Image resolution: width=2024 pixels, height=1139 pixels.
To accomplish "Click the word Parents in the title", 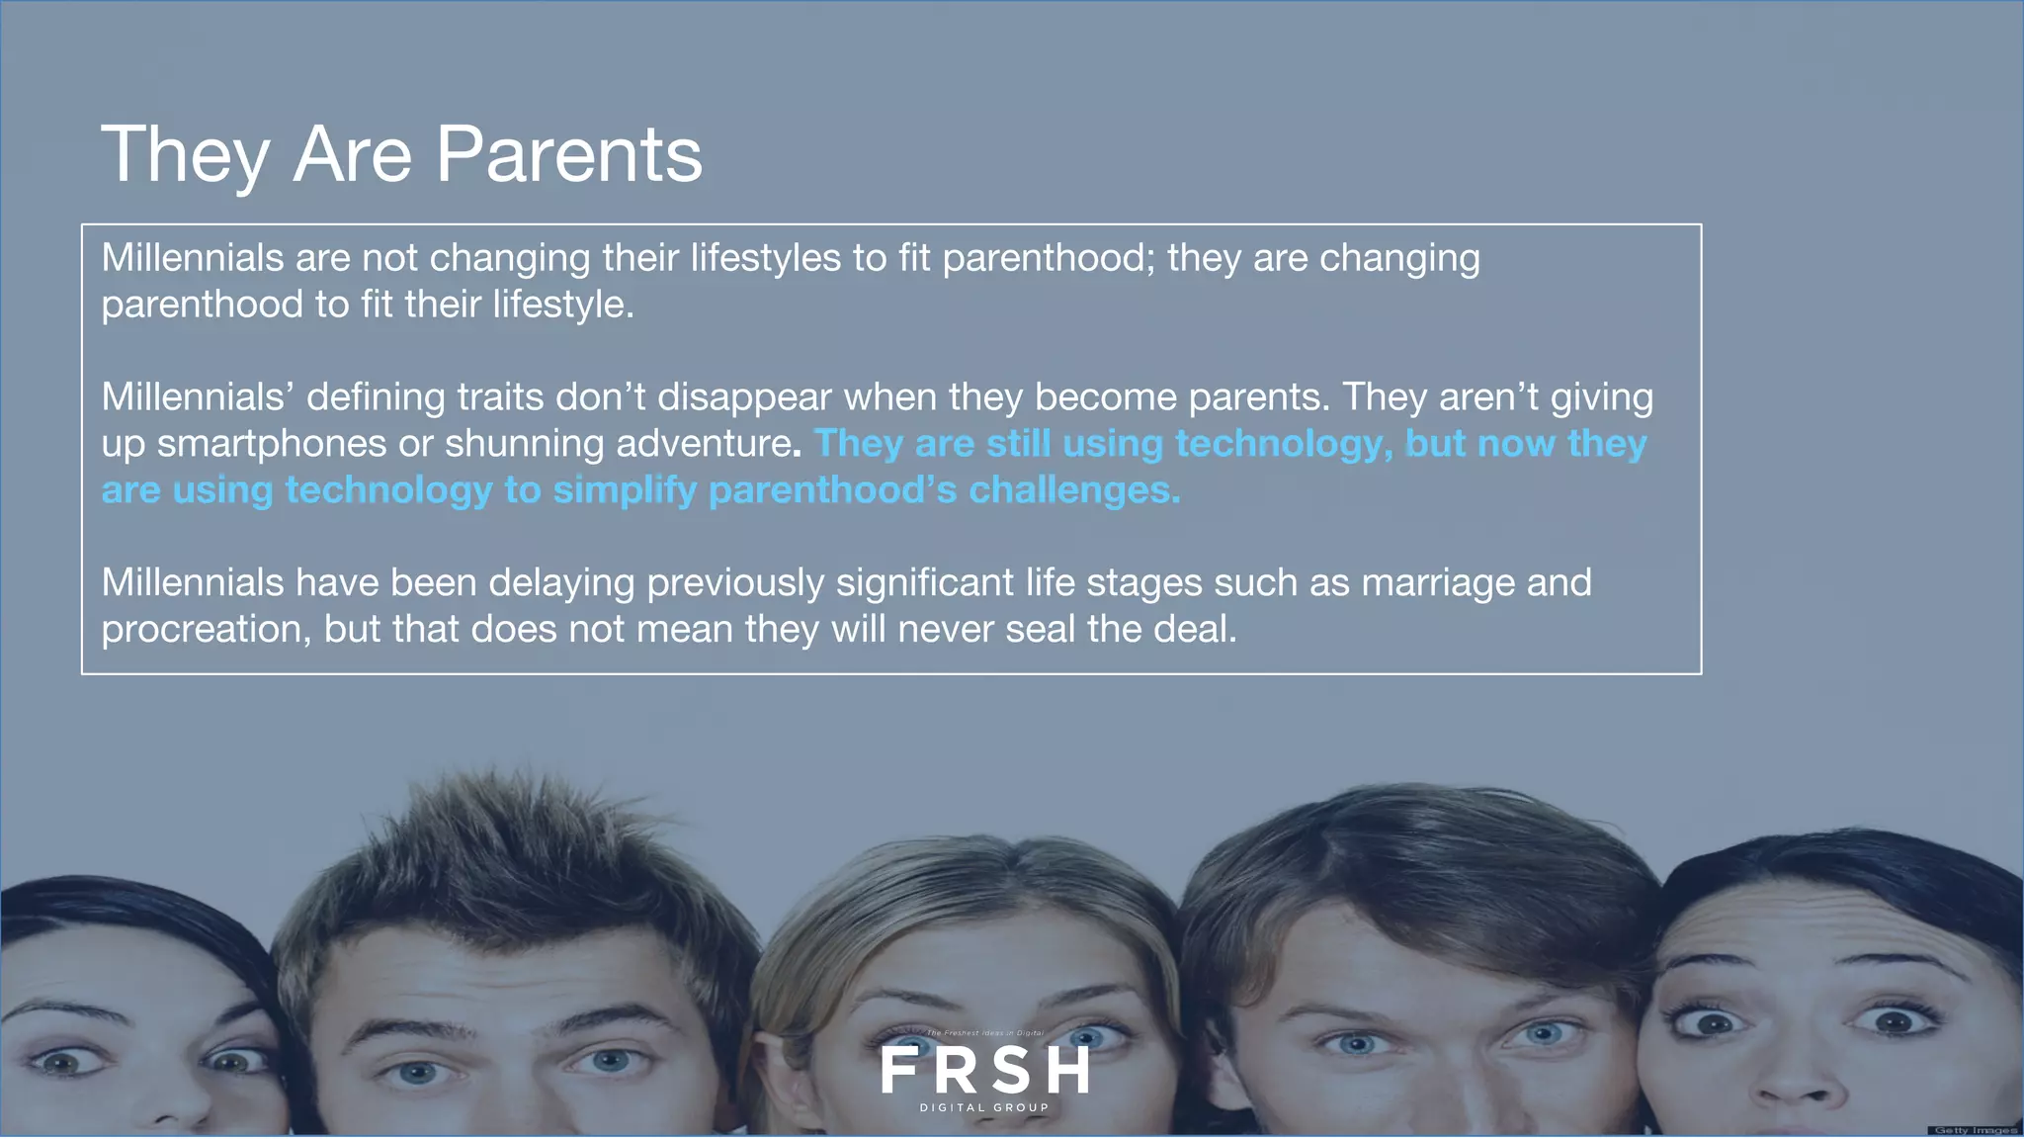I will (568, 155).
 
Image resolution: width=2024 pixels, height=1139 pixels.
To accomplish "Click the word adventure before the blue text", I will (703, 444).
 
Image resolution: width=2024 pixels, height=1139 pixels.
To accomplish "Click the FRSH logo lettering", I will (984, 1070).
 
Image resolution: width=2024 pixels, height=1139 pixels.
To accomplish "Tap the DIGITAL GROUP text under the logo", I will (984, 1107).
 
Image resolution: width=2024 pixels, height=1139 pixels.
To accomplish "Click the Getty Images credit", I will (1975, 1130).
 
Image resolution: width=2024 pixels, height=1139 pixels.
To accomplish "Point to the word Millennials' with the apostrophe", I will (198, 397).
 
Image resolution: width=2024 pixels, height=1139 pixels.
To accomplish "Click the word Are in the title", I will (353, 155).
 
